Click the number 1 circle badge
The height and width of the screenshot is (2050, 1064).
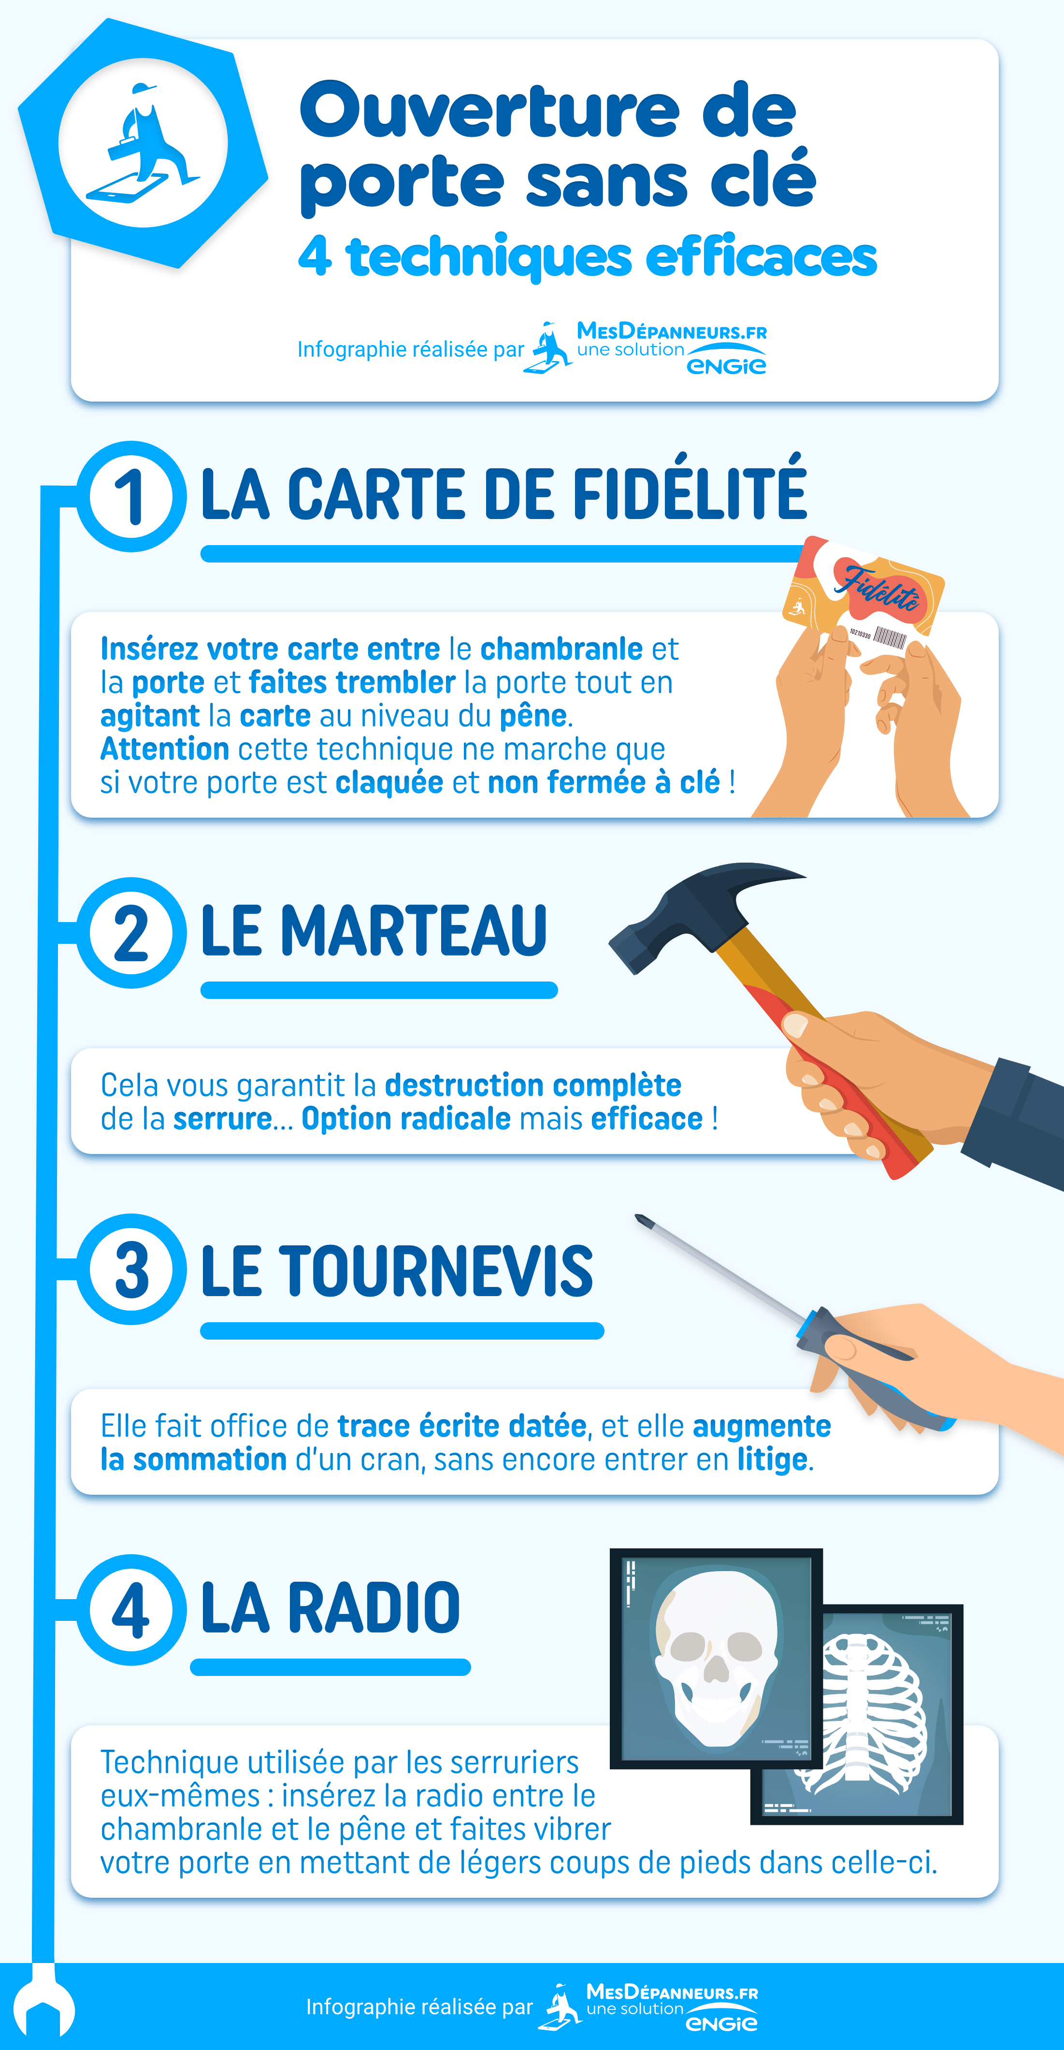pyautogui.click(x=131, y=497)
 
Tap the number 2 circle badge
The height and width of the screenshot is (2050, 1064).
pyautogui.click(x=131, y=933)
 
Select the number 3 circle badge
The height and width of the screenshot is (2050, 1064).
pyautogui.click(x=131, y=1270)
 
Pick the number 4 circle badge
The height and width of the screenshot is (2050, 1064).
pyautogui.click(x=131, y=1610)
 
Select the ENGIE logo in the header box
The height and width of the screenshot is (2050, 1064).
pyautogui.click(x=726, y=365)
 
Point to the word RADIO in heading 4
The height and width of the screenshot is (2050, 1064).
pyautogui.click(x=373, y=1607)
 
